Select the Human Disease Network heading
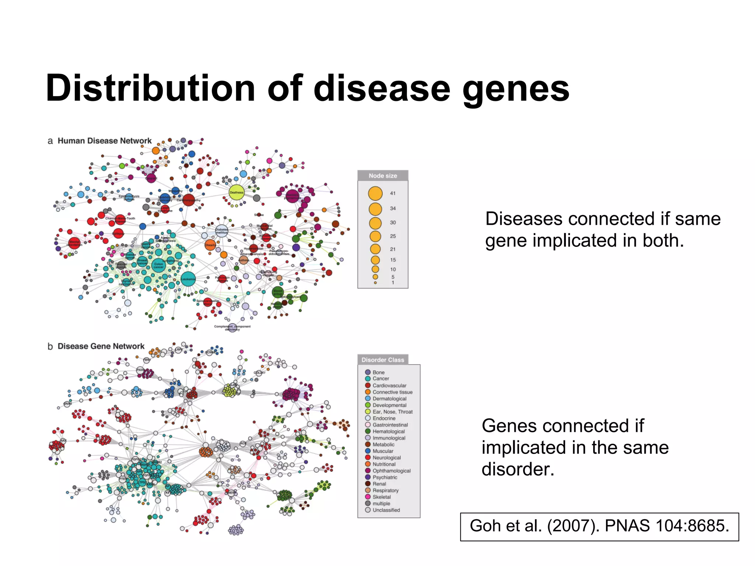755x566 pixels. [104, 141]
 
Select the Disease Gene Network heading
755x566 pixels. [101, 346]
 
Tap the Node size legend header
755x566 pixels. [383, 176]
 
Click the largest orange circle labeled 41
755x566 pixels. [375, 193]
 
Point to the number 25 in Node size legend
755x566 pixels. [393, 236]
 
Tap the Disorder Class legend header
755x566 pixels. [383, 360]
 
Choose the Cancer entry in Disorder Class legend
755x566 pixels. [380, 379]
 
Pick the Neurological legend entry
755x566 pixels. [386, 458]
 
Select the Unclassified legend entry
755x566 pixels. [386, 510]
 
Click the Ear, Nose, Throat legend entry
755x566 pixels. [392, 412]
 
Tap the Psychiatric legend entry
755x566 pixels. [385, 478]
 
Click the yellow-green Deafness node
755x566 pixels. [237, 192]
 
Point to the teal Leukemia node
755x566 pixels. [188, 279]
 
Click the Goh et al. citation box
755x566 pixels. [599, 526]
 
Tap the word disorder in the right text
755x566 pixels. [518, 469]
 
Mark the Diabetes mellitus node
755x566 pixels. [222, 231]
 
